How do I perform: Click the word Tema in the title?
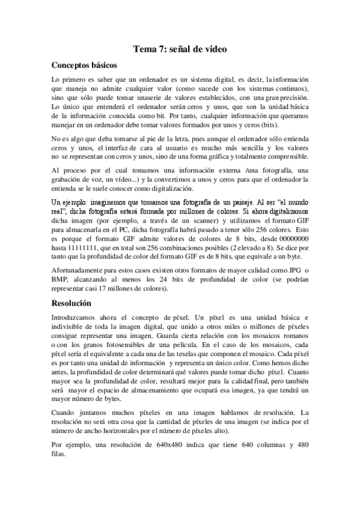(145, 52)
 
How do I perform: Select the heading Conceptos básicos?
(84, 66)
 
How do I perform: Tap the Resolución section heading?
(71, 304)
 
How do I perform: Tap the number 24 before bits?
(167, 280)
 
